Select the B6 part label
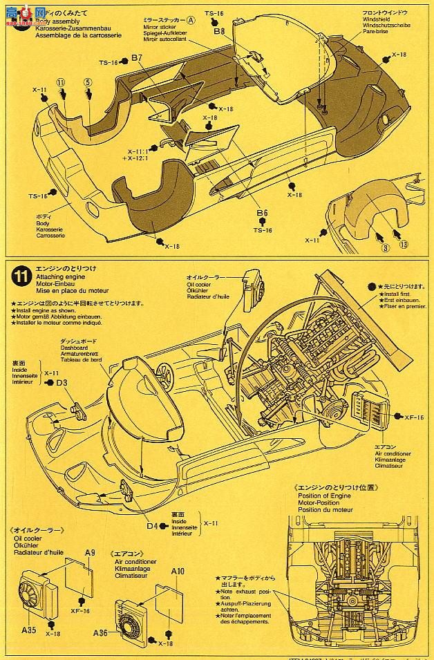261,214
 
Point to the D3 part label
62,382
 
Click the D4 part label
152,525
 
